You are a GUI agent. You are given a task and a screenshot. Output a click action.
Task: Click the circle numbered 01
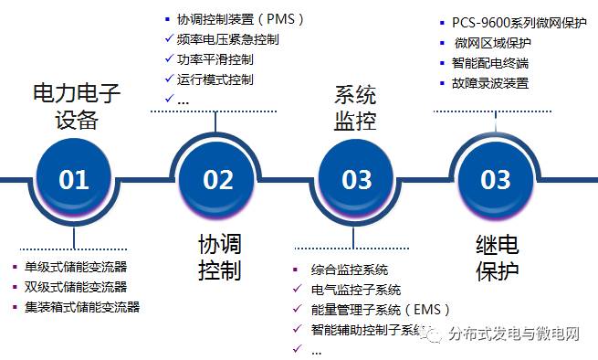coord(74,178)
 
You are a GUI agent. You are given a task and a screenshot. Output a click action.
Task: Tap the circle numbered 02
coord(218,178)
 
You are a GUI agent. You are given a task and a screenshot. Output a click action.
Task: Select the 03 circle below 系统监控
coord(356,178)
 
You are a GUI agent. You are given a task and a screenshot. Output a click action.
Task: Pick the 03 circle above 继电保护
coord(496,178)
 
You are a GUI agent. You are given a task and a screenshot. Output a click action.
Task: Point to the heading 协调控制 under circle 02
coord(219,257)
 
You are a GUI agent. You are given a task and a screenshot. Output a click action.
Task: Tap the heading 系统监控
coord(356,106)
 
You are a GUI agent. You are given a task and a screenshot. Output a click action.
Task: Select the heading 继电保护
coord(498,257)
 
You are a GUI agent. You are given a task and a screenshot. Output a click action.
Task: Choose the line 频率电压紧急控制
coord(228,39)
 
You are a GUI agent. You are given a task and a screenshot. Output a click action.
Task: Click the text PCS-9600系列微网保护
coord(519,23)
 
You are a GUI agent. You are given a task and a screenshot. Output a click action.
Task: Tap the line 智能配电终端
coord(490,63)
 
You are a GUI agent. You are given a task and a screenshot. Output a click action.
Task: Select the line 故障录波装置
coord(490,83)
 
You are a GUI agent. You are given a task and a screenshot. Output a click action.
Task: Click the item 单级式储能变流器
coord(76,268)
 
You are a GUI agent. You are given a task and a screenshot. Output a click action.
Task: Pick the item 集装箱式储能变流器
coord(82,307)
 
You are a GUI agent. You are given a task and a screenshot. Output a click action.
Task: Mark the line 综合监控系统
coord(350,270)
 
